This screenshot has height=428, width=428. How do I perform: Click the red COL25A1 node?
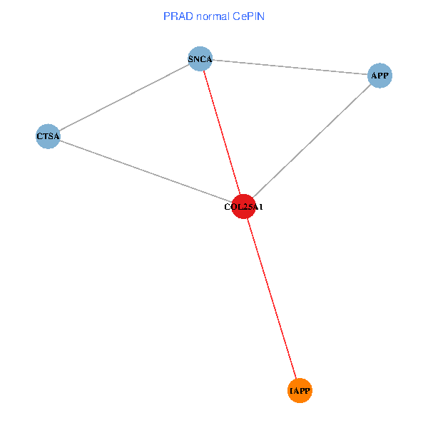point(244,206)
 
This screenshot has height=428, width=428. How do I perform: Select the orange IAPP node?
point(300,390)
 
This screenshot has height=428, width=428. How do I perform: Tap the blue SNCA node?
point(200,59)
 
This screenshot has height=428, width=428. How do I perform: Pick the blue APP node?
point(380,75)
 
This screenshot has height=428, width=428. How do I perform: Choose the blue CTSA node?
point(48,136)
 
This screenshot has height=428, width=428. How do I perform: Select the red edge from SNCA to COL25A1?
point(222,133)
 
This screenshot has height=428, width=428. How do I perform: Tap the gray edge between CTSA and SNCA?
point(124,97)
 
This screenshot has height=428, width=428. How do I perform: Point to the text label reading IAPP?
point(300,392)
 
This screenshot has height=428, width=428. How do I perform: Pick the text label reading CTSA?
point(48,136)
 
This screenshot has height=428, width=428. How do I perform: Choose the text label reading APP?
point(380,76)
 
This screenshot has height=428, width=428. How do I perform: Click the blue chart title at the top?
point(213,16)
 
